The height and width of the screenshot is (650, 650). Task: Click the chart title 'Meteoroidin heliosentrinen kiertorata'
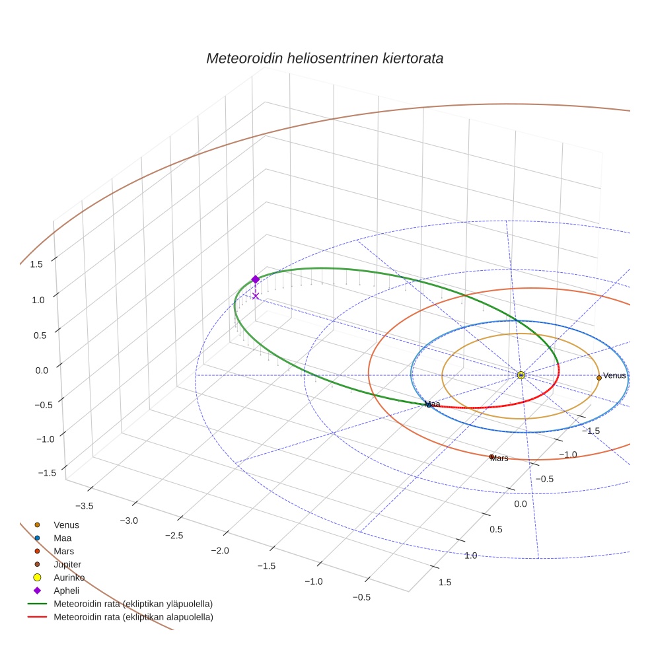point(324,58)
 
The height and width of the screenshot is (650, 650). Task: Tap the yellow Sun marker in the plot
point(521,375)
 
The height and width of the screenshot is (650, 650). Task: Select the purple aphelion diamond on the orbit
point(256,279)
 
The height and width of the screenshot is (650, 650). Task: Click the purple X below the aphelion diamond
point(256,296)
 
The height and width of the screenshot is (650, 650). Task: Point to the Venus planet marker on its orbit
point(598,377)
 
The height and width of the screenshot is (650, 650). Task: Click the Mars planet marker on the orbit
point(491,456)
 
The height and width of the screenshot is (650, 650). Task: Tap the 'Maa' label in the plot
point(432,404)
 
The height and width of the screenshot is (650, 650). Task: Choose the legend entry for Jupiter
point(67,564)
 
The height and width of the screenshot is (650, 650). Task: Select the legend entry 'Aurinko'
point(69,577)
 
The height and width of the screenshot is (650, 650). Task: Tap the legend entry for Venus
point(66,524)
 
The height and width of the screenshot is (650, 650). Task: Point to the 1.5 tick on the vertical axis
point(36,264)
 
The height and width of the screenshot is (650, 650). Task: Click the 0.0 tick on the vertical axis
point(41,370)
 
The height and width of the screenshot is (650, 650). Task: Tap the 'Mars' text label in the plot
point(499,458)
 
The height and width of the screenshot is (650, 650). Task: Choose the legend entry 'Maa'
point(63,538)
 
